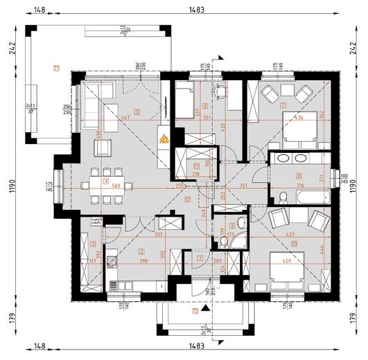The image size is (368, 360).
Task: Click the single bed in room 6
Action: coord(184,102)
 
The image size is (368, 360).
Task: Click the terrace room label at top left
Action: coord(55,67)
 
